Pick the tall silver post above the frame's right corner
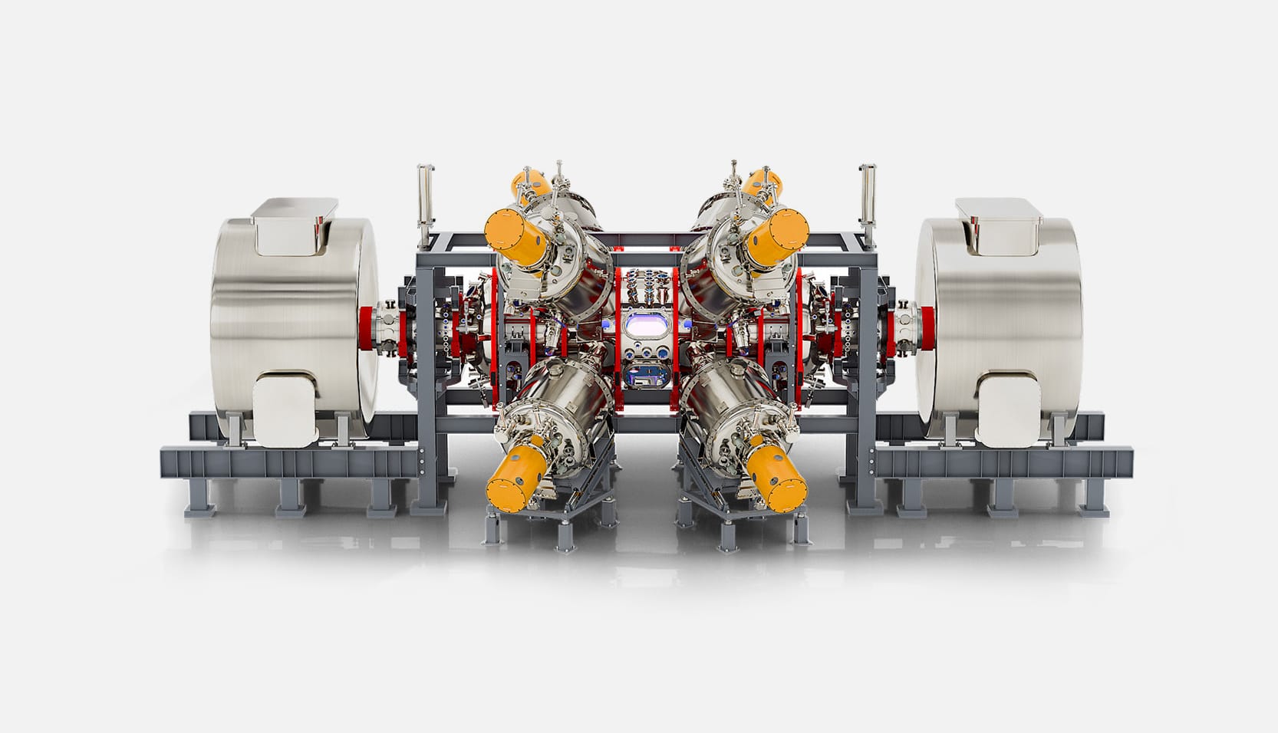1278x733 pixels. tap(867, 196)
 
